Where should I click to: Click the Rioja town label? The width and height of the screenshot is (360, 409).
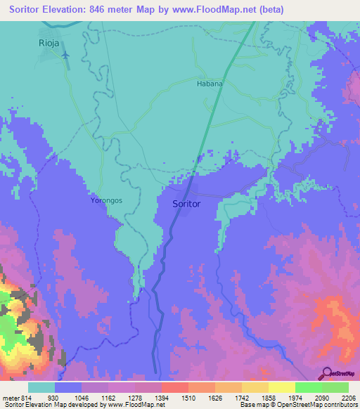(51, 43)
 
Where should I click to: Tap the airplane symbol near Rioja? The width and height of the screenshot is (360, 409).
(65, 54)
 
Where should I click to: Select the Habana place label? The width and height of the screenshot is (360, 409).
(210, 83)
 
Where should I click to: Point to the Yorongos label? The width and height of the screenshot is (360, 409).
(106, 200)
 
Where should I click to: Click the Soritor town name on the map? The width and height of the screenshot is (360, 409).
(186, 204)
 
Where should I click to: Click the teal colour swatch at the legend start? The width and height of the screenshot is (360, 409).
(41, 387)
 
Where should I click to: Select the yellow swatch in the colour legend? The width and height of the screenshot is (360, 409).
(282, 387)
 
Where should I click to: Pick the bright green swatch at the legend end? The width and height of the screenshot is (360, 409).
(335, 387)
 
